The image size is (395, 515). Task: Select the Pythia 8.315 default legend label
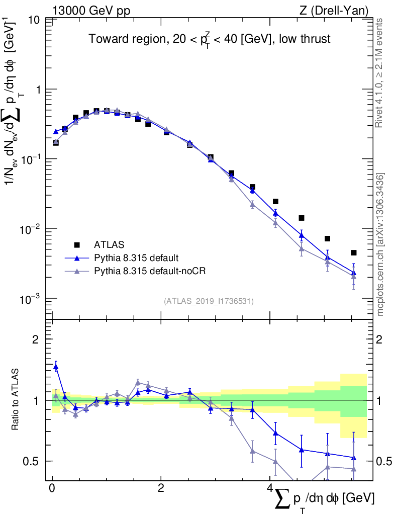136,258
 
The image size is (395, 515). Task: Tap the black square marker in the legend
77,245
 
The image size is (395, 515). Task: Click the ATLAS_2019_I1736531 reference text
209,301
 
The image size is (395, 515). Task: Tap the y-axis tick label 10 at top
34,20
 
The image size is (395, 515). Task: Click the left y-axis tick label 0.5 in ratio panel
32,461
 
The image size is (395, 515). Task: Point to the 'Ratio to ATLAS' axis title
16,400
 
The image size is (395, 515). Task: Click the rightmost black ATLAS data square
354,252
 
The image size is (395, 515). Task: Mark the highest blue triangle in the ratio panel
56,367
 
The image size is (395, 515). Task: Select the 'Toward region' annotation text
210,39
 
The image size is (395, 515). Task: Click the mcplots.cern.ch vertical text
380,245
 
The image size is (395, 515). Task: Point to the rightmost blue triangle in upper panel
354,273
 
